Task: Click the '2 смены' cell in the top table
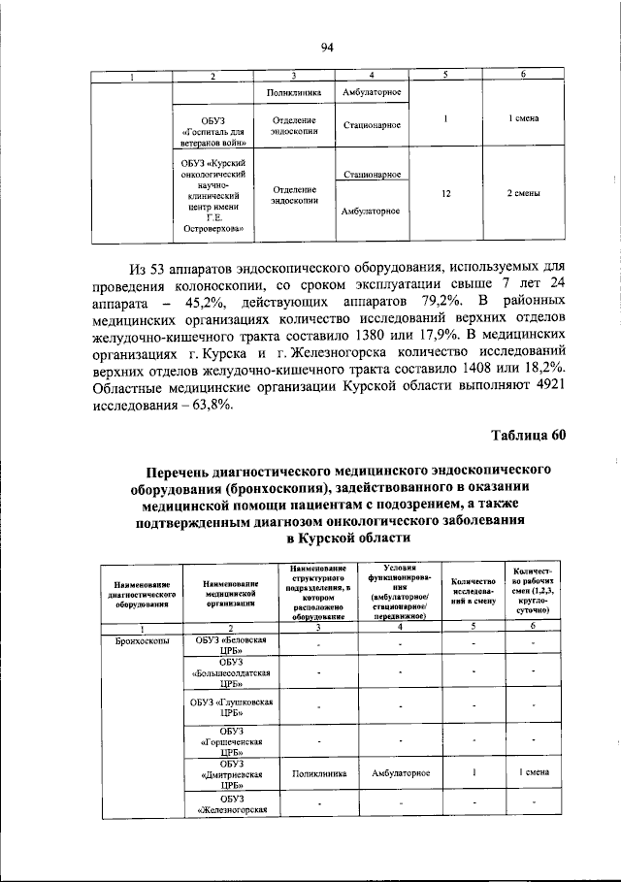[x=523, y=193]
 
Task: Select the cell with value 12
[x=445, y=193]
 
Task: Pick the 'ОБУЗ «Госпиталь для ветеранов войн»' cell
[x=214, y=126]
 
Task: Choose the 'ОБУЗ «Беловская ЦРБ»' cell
[x=230, y=647]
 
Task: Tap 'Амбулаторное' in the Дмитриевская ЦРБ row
[x=393, y=773]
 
